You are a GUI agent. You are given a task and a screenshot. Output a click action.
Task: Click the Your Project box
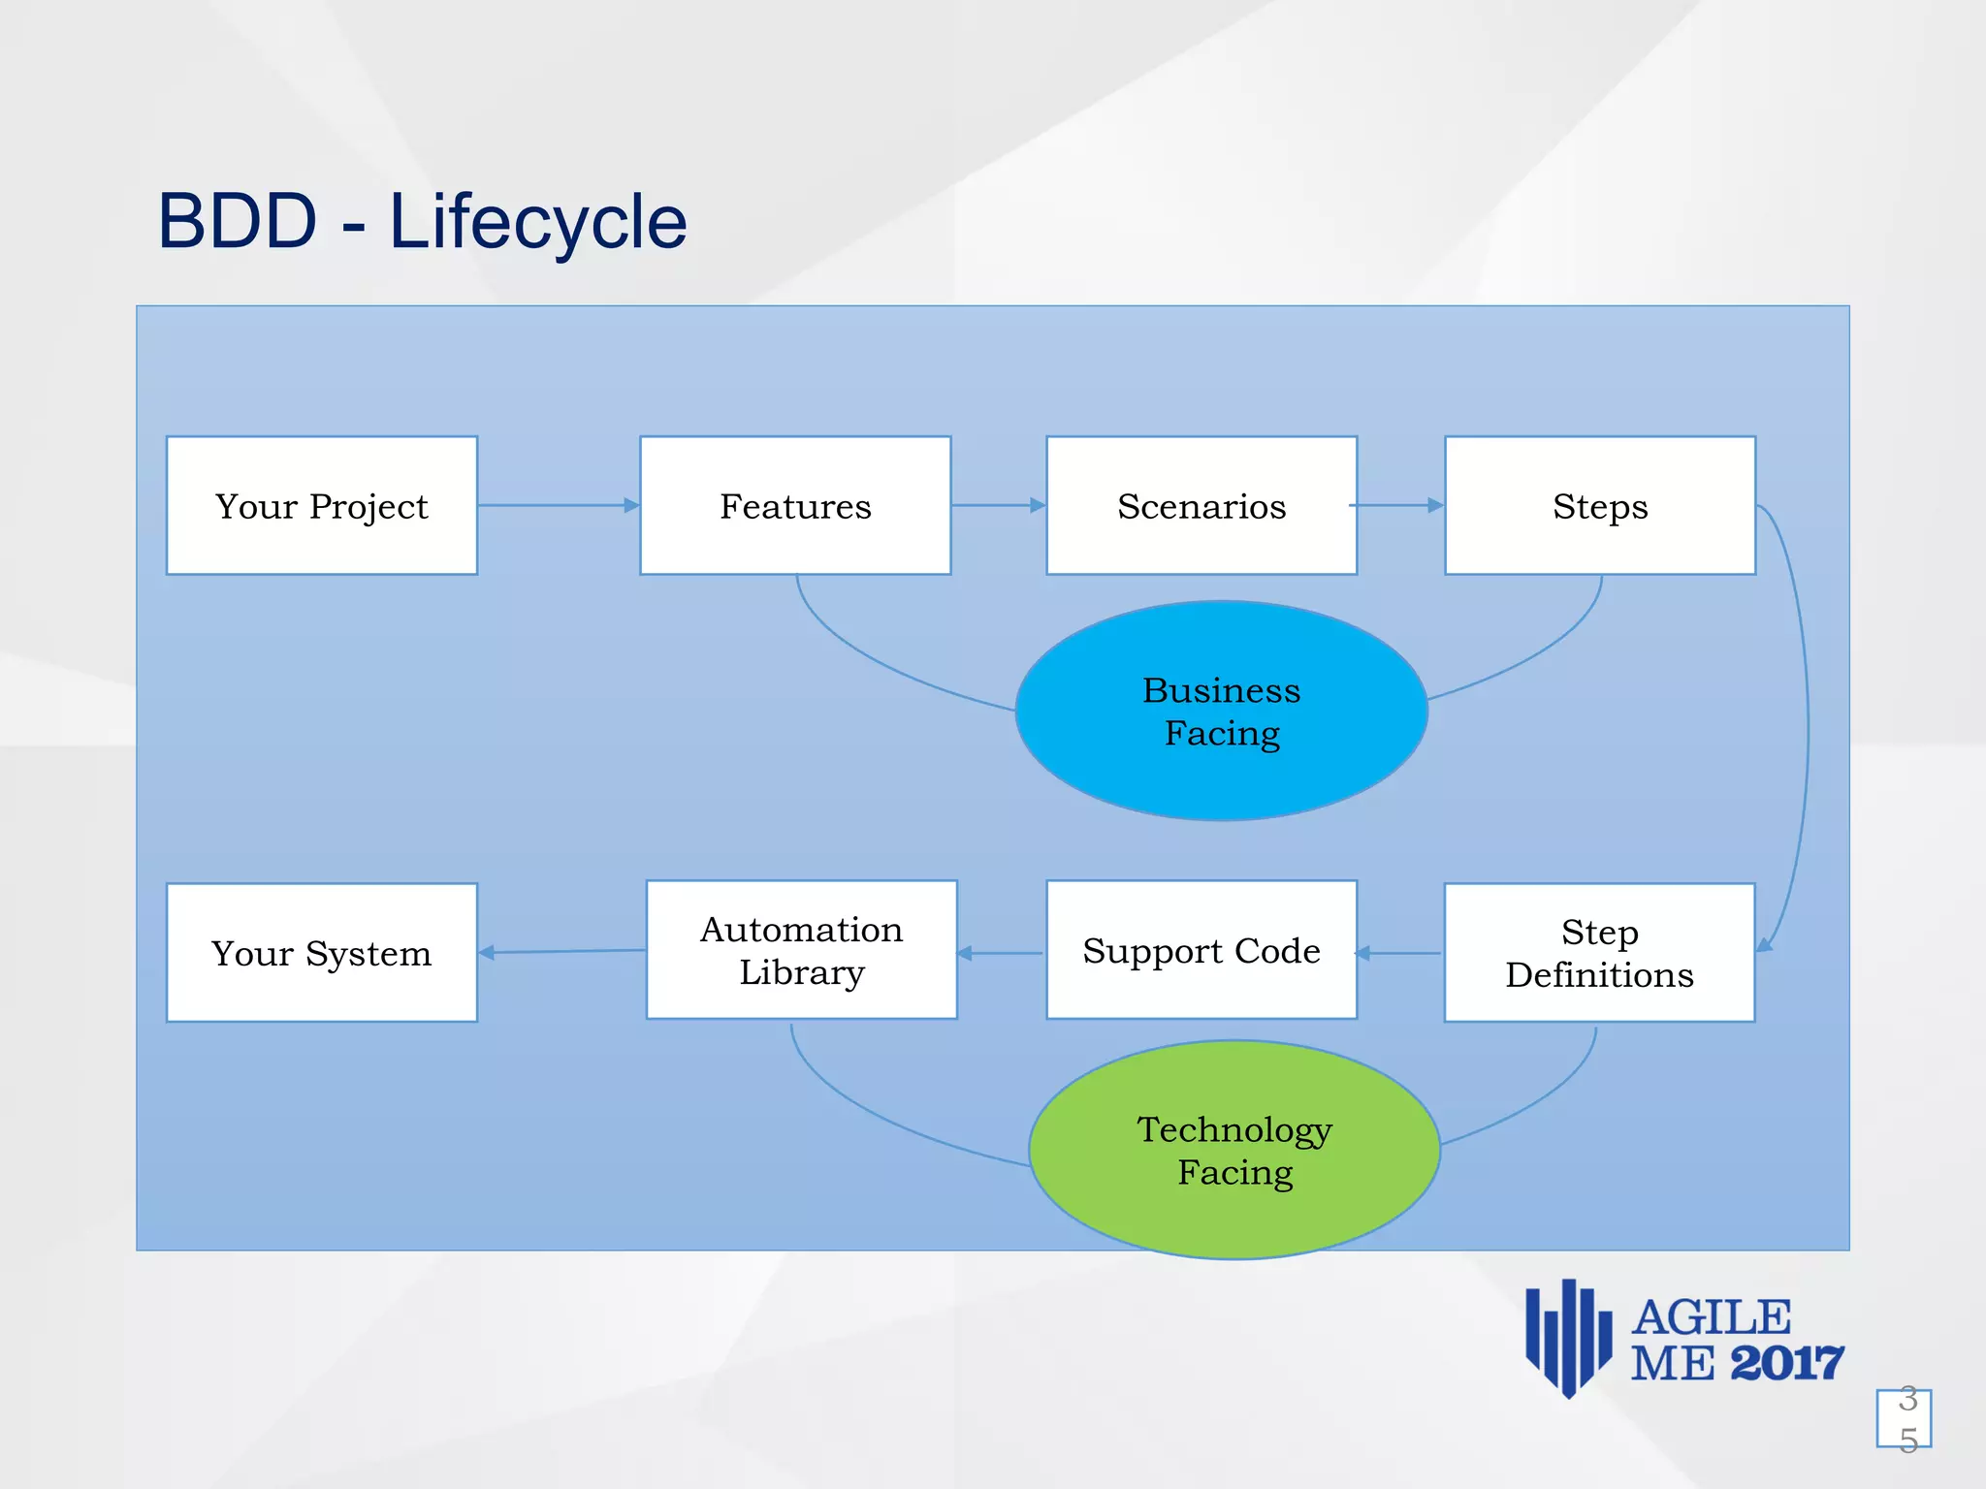(322, 505)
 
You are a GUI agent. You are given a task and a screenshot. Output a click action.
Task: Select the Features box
(795, 505)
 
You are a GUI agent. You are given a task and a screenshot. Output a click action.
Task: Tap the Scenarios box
(1201, 505)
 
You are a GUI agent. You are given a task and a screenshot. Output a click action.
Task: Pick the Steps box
(1600, 505)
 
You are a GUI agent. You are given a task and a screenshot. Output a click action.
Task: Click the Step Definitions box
(1599, 952)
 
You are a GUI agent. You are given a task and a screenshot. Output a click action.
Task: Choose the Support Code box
(1201, 950)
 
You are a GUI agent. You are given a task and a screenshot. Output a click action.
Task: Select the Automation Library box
(801, 950)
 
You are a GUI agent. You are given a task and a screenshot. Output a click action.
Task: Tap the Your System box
(322, 952)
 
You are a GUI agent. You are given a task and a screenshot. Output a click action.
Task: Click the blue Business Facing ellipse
(1221, 711)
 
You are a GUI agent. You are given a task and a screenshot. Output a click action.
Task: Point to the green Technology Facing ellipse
(1233, 1150)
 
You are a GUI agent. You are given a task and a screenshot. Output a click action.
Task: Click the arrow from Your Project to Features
(559, 505)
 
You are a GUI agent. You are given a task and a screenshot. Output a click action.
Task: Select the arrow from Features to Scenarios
(998, 505)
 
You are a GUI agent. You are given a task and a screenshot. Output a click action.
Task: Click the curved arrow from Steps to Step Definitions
(1806, 727)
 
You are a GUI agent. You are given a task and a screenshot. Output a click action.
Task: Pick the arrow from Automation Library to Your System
(562, 952)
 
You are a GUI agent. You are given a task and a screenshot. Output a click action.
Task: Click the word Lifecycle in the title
(538, 222)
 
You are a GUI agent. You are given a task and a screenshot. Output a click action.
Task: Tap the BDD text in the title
(238, 221)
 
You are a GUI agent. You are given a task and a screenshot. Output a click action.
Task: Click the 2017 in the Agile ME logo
(1786, 1364)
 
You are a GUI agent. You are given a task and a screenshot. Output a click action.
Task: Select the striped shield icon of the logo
(1568, 1338)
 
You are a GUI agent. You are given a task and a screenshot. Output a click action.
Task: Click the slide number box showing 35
(1904, 1418)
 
